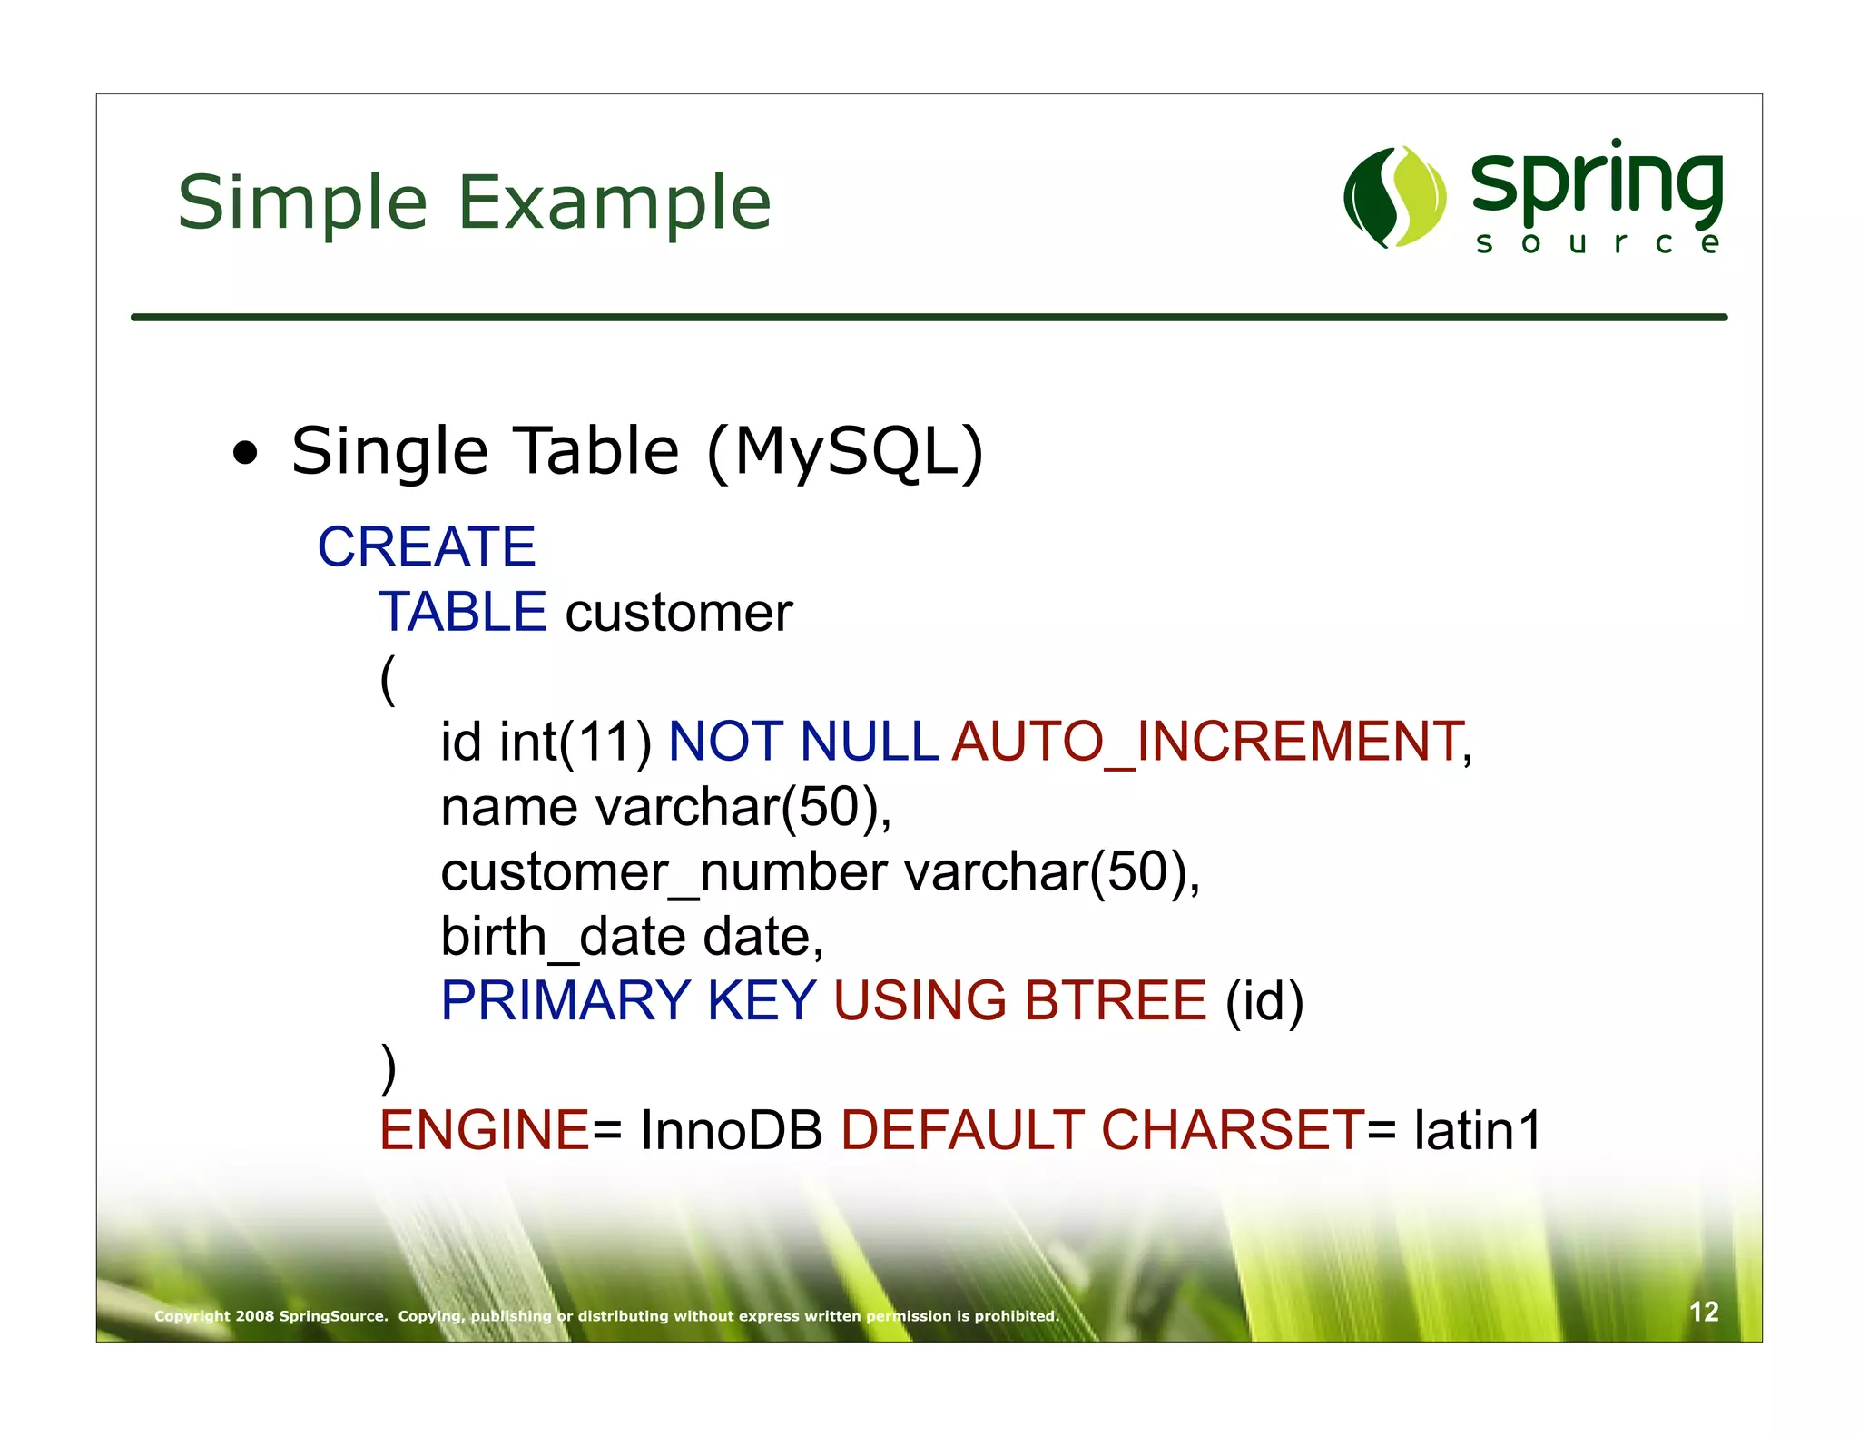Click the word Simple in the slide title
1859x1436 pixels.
(301, 203)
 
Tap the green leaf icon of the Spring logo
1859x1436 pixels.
(1394, 197)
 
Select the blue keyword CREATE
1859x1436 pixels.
(426, 547)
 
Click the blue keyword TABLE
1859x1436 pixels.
(462, 612)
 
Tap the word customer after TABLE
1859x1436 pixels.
(679, 614)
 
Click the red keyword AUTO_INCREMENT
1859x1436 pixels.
(1206, 742)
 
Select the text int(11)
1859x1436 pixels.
(575, 742)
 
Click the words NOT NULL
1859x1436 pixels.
(802, 742)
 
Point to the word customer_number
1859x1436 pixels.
(664, 872)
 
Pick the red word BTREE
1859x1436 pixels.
(1115, 1001)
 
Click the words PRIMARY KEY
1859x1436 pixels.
(628, 1001)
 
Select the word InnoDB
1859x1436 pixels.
(731, 1131)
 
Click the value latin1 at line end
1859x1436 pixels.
(1477, 1131)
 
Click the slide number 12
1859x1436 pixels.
(1703, 1312)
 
